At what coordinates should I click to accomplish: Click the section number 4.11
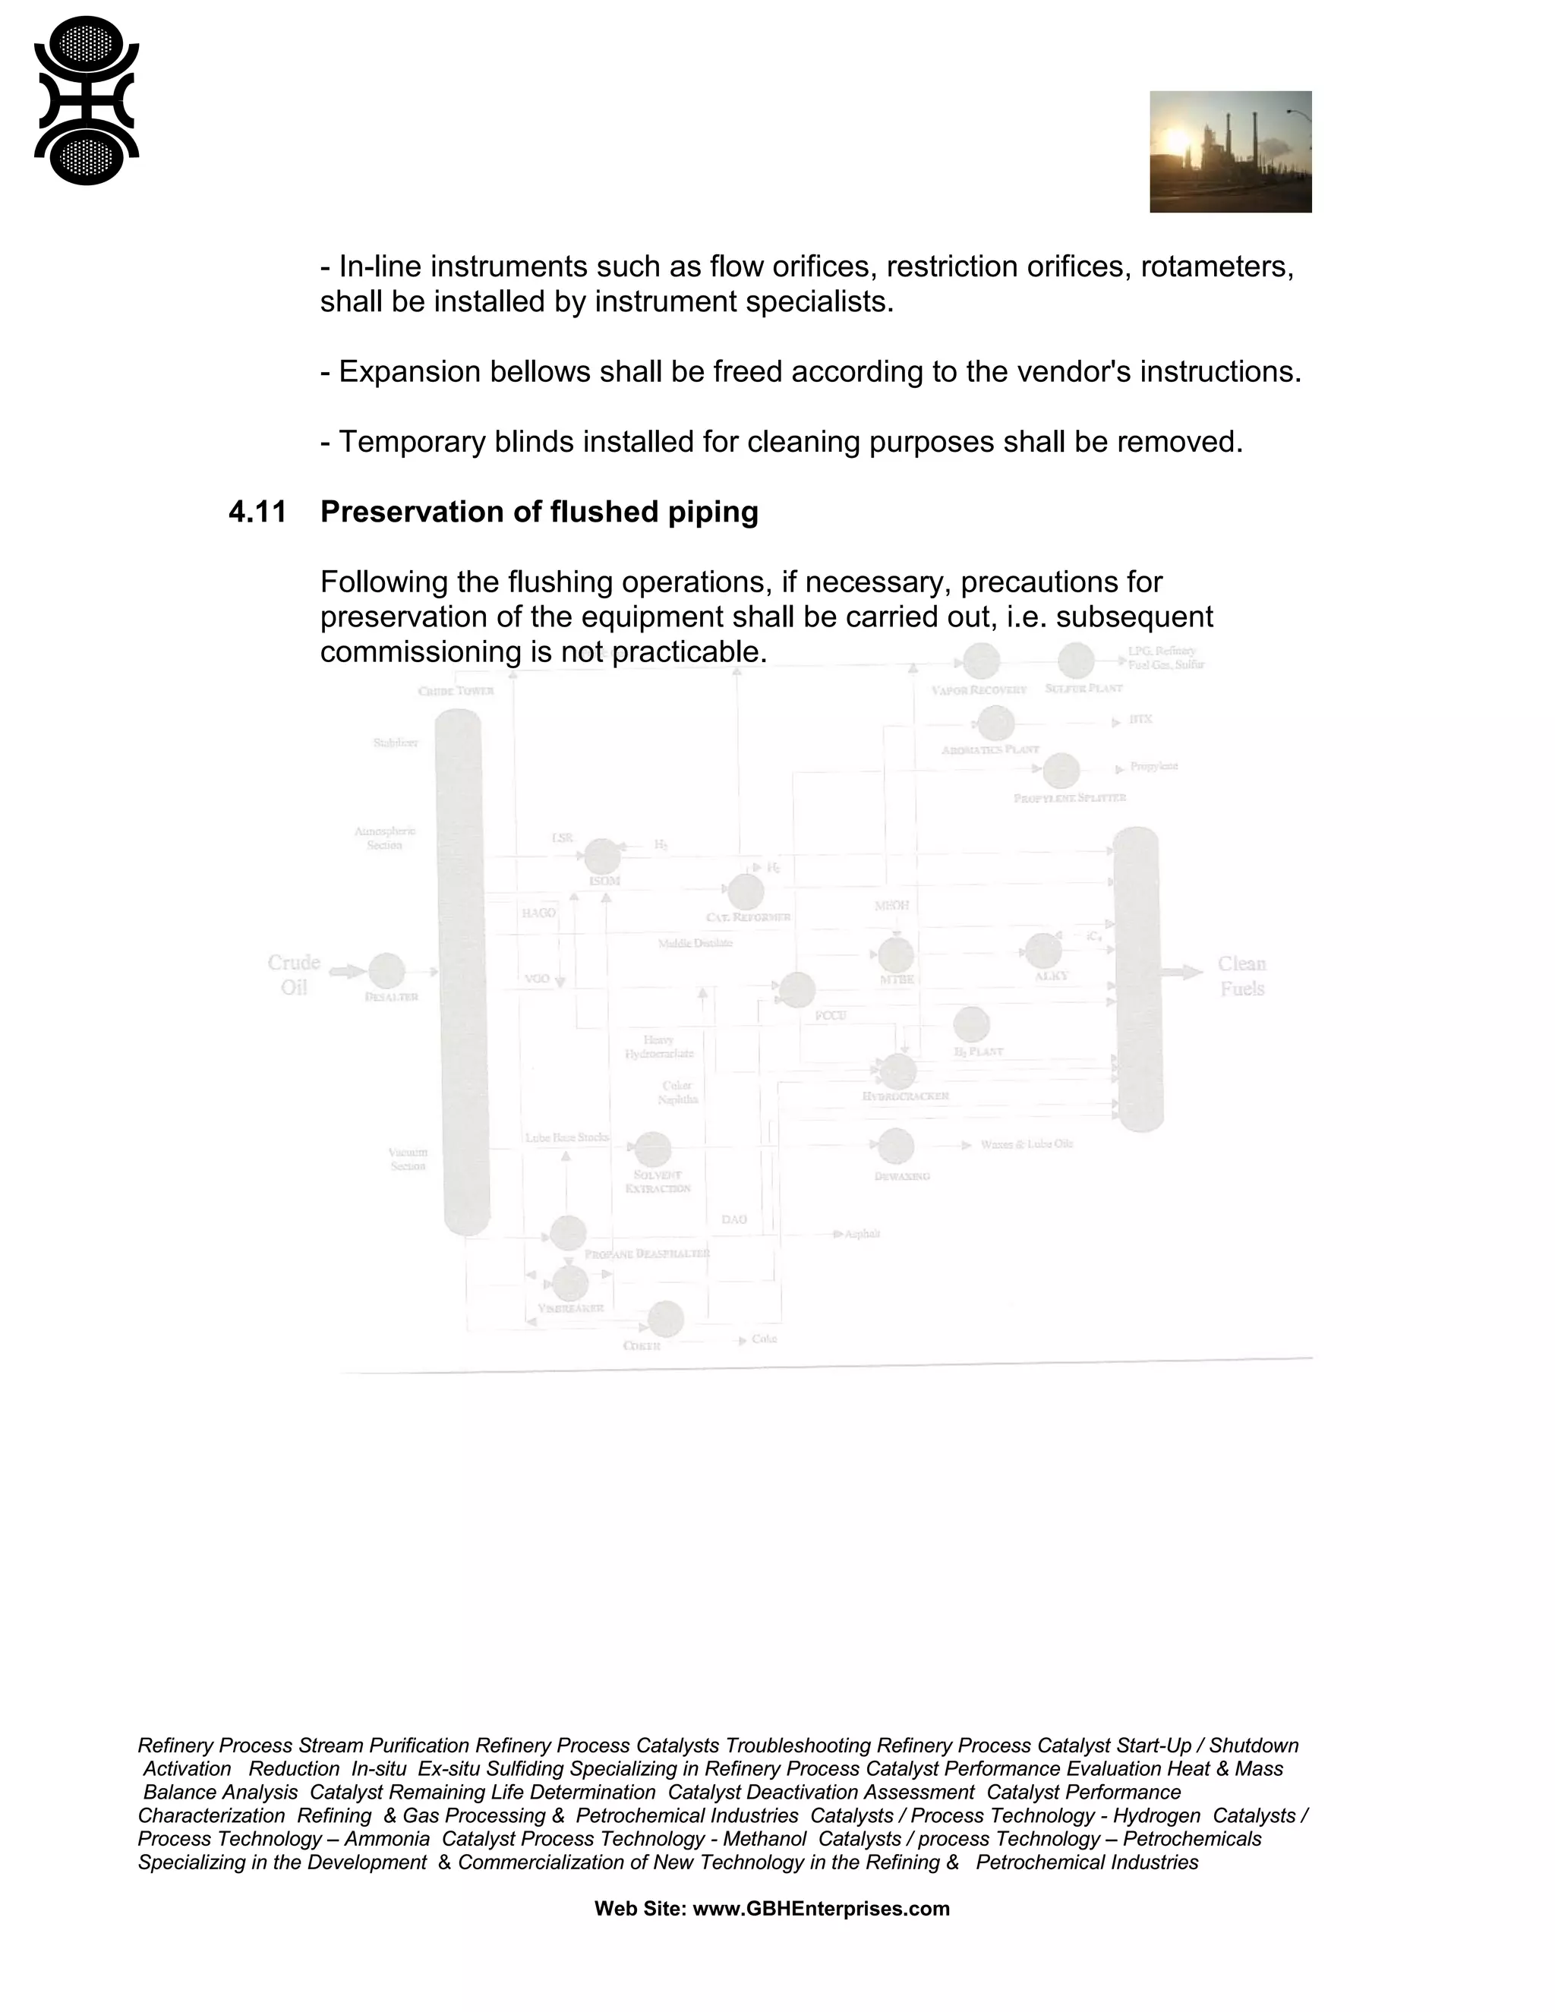(258, 512)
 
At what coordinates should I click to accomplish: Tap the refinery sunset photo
(1230, 152)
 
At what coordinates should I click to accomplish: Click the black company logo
(86, 100)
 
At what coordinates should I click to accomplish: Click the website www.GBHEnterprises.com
(820, 1908)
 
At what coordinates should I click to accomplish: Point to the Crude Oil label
(294, 975)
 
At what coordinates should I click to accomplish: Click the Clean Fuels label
(1241, 976)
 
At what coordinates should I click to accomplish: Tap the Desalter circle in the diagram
(387, 971)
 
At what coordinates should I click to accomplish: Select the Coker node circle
(665, 1320)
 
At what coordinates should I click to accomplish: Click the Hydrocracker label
(906, 1096)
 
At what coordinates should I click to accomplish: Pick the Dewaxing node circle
(895, 1146)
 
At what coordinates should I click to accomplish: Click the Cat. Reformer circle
(746, 892)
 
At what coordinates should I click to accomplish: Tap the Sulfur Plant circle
(1076, 661)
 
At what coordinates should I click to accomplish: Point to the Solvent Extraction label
(658, 1182)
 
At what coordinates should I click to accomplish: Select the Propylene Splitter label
(1070, 798)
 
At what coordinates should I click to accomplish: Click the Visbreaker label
(571, 1308)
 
